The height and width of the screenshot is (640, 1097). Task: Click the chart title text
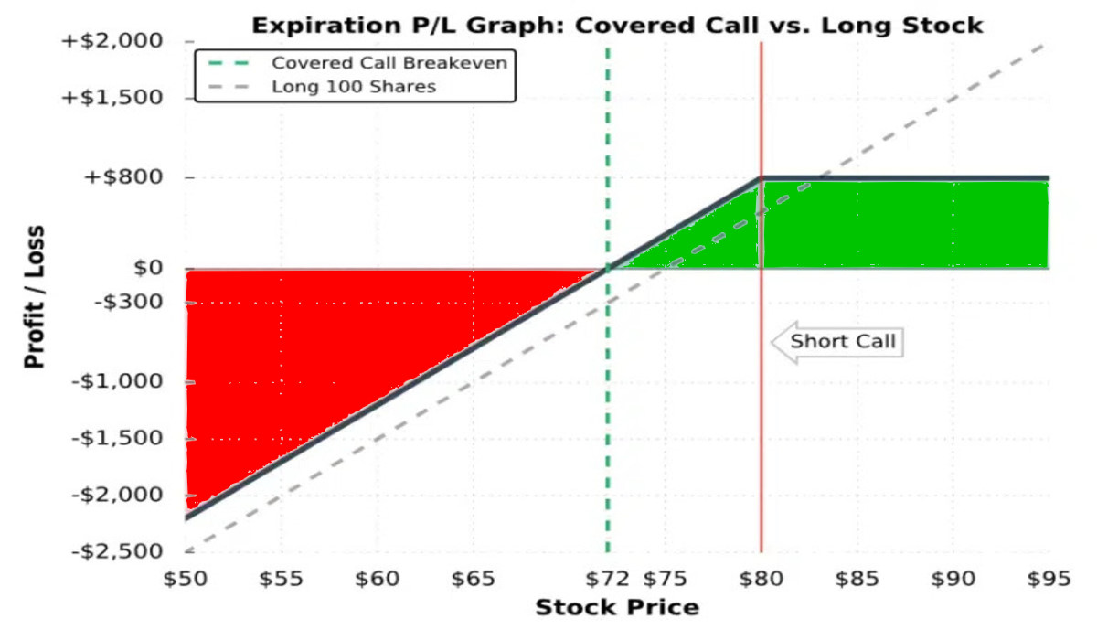617,25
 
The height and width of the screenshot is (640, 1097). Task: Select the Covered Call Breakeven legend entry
389,63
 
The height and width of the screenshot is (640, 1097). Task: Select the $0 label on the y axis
148,269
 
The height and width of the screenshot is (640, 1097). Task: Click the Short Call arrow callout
836,342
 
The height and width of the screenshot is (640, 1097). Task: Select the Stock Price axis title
617,608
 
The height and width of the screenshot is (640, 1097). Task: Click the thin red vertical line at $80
762,439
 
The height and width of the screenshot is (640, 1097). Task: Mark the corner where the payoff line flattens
762,178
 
